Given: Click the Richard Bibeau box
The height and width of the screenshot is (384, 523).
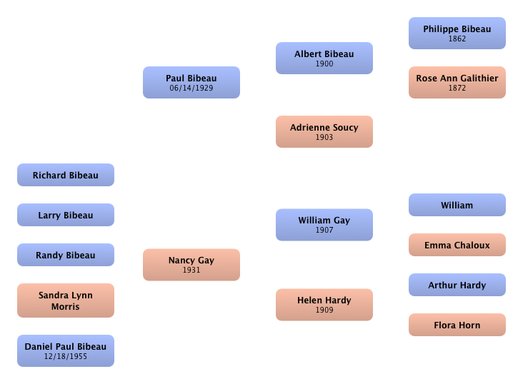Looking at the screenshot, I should [x=66, y=175].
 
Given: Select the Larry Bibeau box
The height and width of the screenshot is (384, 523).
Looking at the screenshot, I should [x=66, y=215].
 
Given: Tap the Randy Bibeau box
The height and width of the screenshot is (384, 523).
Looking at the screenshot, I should [x=66, y=255].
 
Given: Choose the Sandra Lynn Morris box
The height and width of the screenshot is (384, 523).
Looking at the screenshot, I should [x=66, y=300].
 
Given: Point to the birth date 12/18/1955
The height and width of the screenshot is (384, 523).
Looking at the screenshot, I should [x=66, y=356].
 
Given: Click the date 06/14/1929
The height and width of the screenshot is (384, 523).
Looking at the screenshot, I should [x=191, y=89].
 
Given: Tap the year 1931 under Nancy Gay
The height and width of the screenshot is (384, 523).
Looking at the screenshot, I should [x=191, y=271].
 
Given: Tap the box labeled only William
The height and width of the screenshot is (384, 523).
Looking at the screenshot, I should [x=457, y=205].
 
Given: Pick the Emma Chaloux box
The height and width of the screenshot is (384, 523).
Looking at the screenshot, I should [x=457, y=245].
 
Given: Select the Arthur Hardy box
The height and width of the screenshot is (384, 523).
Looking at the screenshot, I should [x=457, y=285].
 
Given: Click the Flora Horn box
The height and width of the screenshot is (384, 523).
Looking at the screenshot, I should [x=457, y=325].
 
